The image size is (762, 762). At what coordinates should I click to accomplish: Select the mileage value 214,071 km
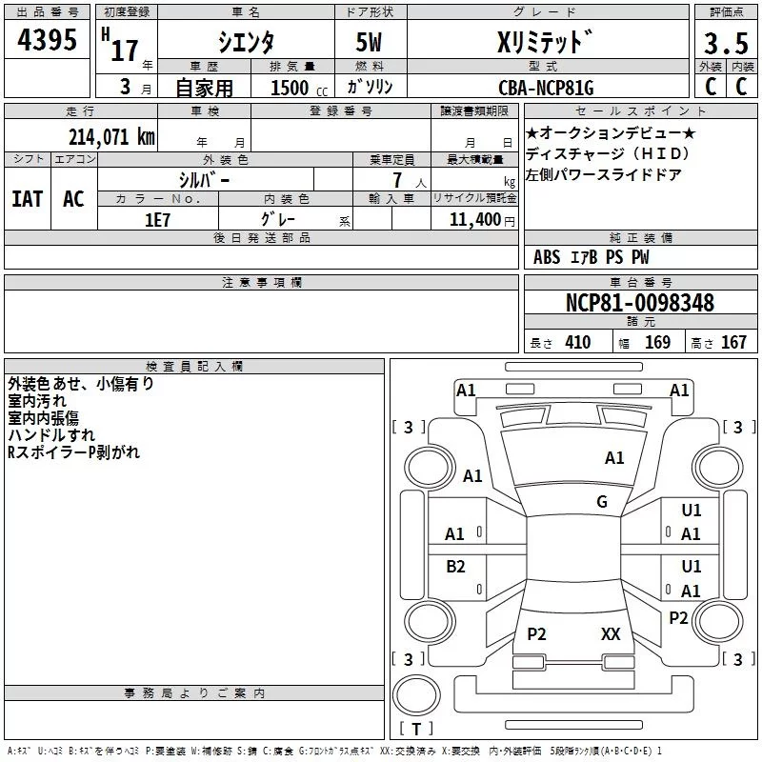(x=111, y=136)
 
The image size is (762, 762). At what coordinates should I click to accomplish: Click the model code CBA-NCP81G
(x=546, y=88)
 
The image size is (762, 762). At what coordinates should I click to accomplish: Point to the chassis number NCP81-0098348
(x=639, y=303)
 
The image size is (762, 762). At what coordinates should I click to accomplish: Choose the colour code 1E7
(x=157, y=218)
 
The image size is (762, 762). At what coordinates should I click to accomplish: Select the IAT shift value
(x=27, y=198)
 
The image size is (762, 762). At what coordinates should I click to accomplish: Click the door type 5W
(x=371, y=44)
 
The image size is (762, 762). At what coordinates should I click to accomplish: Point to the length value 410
(x=577, y=343)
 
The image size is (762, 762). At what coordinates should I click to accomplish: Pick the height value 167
(x=733, y=343)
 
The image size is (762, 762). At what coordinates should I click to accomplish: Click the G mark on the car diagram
(x=602, y=502)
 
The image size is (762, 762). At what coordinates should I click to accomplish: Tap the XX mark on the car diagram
(x=611, y=633)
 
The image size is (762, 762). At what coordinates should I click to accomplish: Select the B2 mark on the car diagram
(x=455, y=567)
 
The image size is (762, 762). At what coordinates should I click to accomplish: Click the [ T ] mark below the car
(x=415, y=729)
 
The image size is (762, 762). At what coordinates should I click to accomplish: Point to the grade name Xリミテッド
(x=544, y=44)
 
